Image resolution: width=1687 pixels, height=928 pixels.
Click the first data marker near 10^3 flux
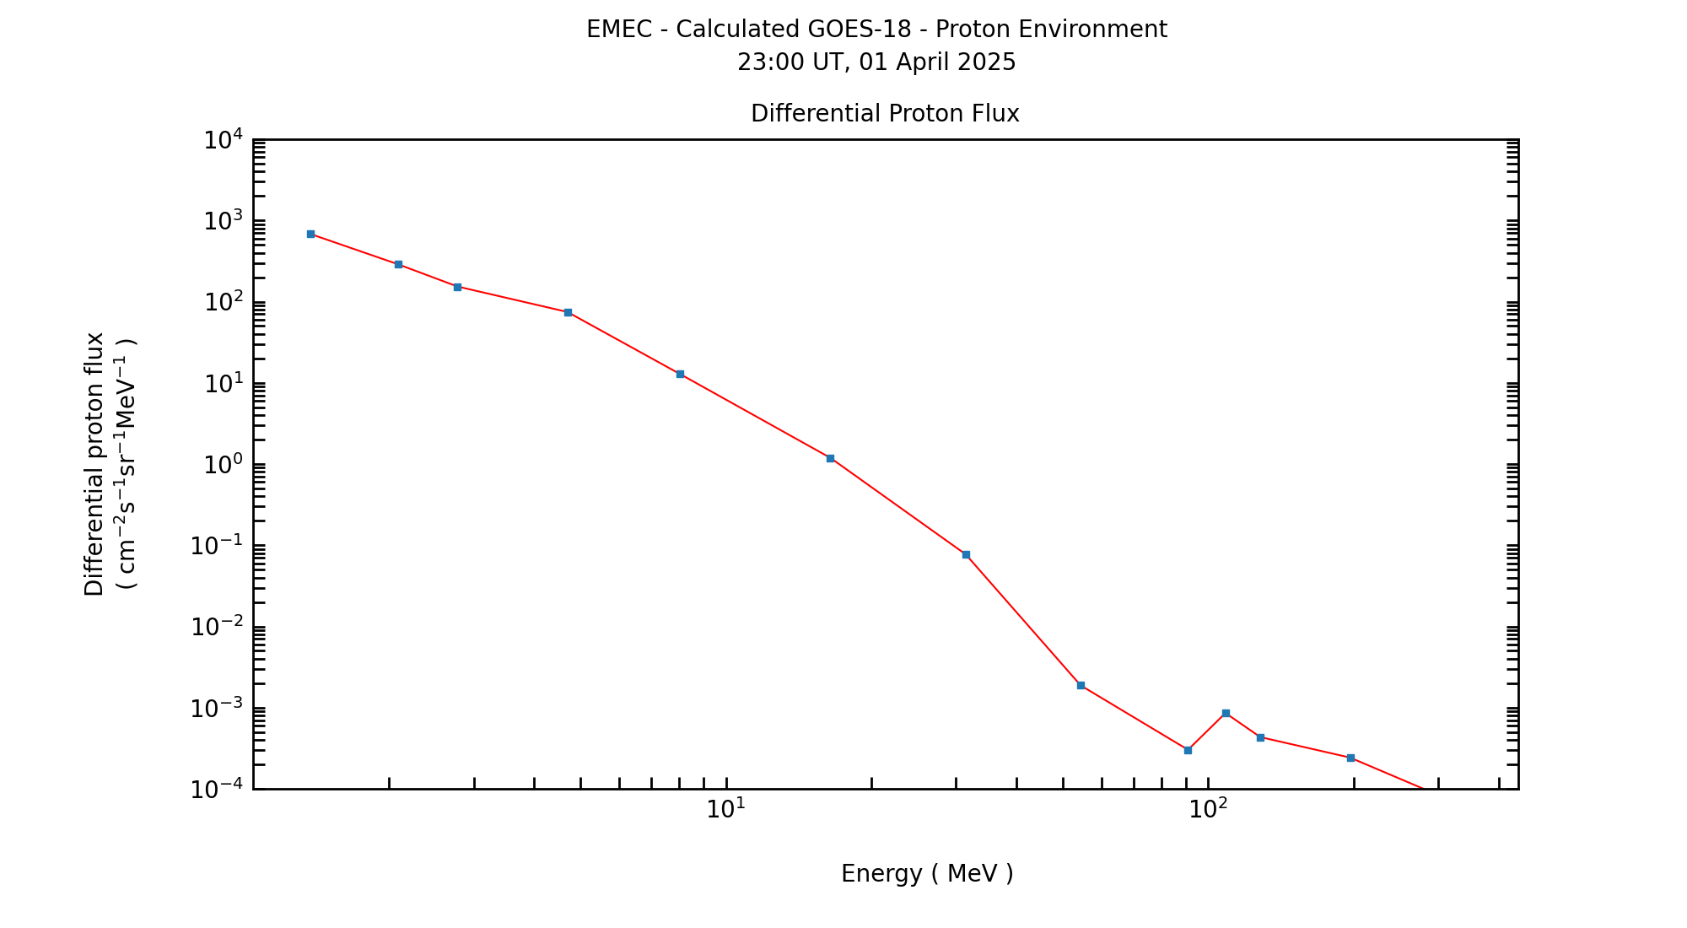point(310,234)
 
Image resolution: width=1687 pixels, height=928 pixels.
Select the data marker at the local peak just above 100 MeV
point(1226,713)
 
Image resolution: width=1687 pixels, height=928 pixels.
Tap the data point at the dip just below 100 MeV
point(1188,750)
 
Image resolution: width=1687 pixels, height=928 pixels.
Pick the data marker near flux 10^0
point(830,458)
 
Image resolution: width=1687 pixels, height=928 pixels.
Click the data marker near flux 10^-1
point(966,554)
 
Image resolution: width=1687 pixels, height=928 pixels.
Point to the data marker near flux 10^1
point(680,374)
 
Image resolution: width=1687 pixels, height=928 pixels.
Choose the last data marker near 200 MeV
point(1350,758)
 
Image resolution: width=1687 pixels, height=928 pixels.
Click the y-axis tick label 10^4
point(223,139)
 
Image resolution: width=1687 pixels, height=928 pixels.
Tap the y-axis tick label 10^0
point(223,465)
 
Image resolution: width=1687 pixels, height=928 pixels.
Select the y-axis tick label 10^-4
point(216,790)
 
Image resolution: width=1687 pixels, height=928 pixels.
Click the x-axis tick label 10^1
point(725,809)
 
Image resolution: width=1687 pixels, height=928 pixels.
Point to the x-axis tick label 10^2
point(1208,809)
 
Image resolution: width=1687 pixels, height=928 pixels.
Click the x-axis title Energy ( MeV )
point(927,874)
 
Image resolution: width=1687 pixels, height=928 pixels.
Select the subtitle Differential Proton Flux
point(885,114)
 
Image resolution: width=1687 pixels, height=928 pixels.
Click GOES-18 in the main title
point(860,30)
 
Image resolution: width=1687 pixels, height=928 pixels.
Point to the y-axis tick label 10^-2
point(216,627)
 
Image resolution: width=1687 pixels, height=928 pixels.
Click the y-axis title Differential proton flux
point(94,464)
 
